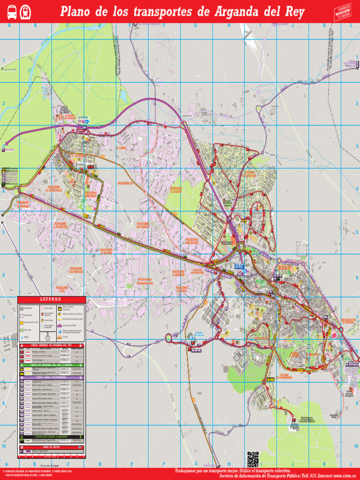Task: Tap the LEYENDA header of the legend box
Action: point(52,300)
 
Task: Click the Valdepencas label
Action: point(126,182)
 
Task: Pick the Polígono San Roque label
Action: point(192,241)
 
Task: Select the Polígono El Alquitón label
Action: point(61,225)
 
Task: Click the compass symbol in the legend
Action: point(48,336)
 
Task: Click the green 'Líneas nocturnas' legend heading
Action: point(52,436)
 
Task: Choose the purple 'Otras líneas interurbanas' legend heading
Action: point(52,376)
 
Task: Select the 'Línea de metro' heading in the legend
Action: point(52,447)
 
